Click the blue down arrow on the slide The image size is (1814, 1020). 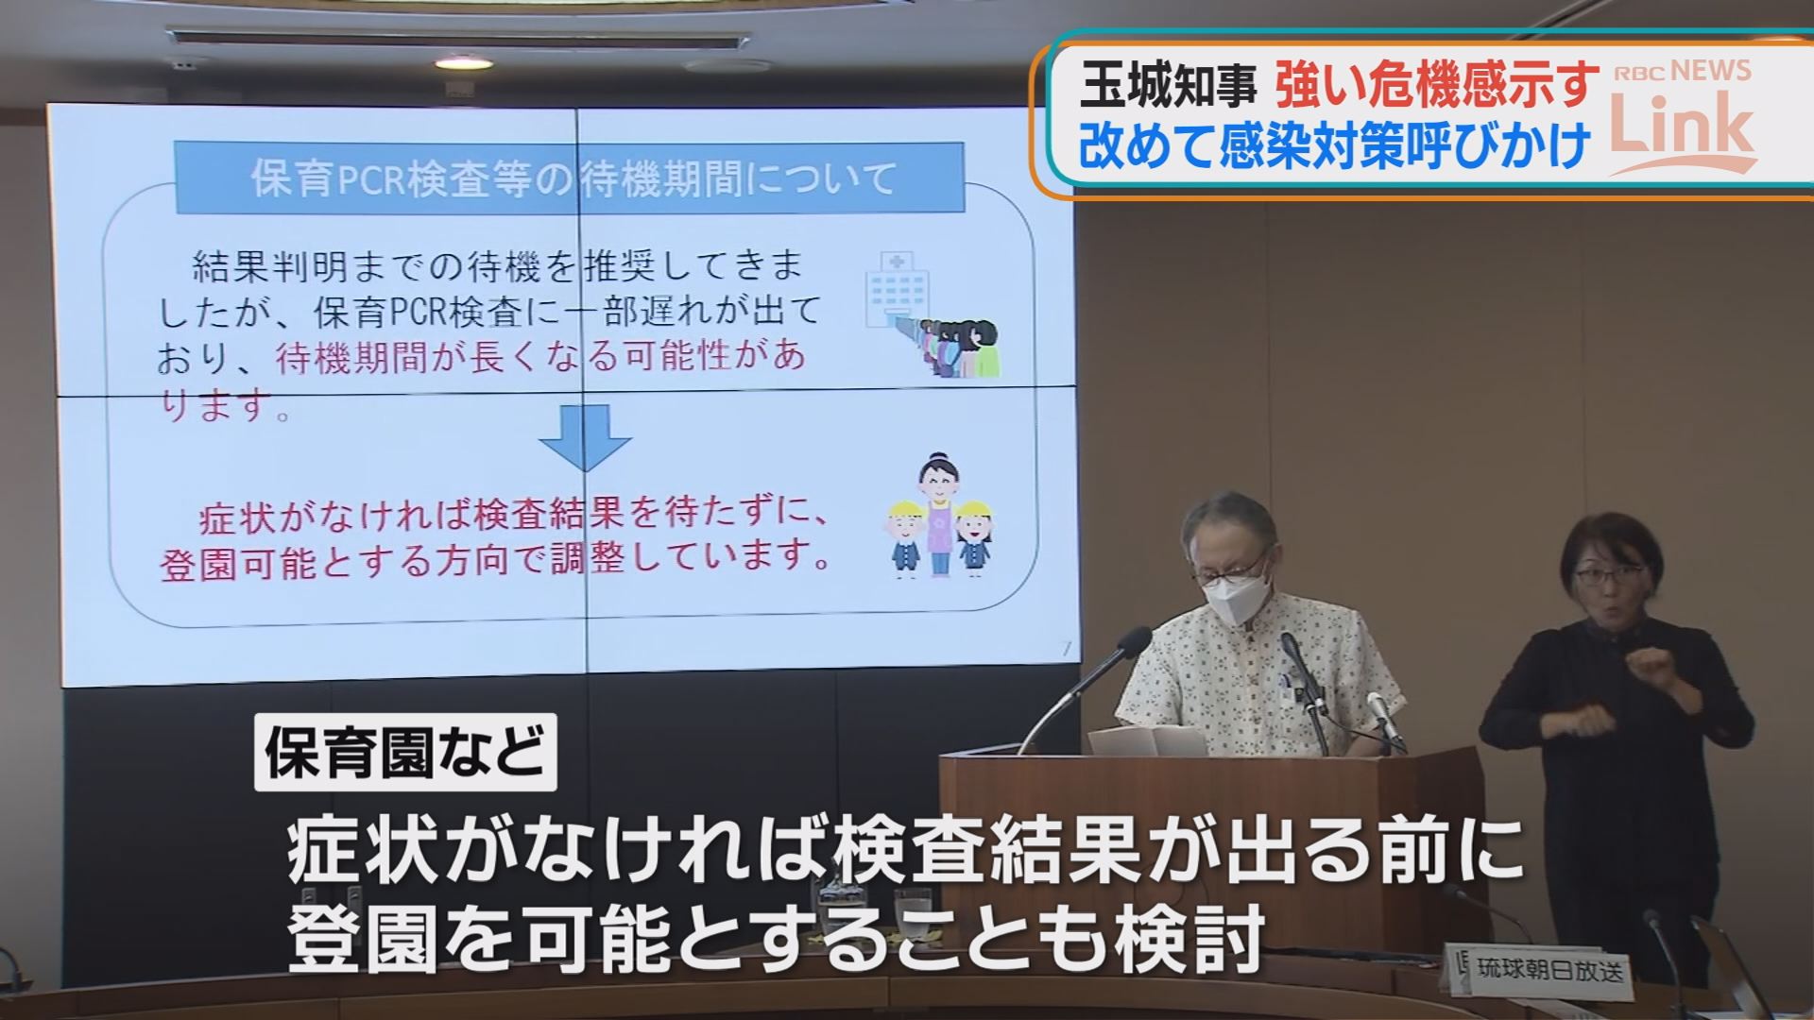[x=585, y=438]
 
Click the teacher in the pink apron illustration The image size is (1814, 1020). [x=939, y=516]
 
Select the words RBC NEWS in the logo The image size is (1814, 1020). [x=1682, y=72]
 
